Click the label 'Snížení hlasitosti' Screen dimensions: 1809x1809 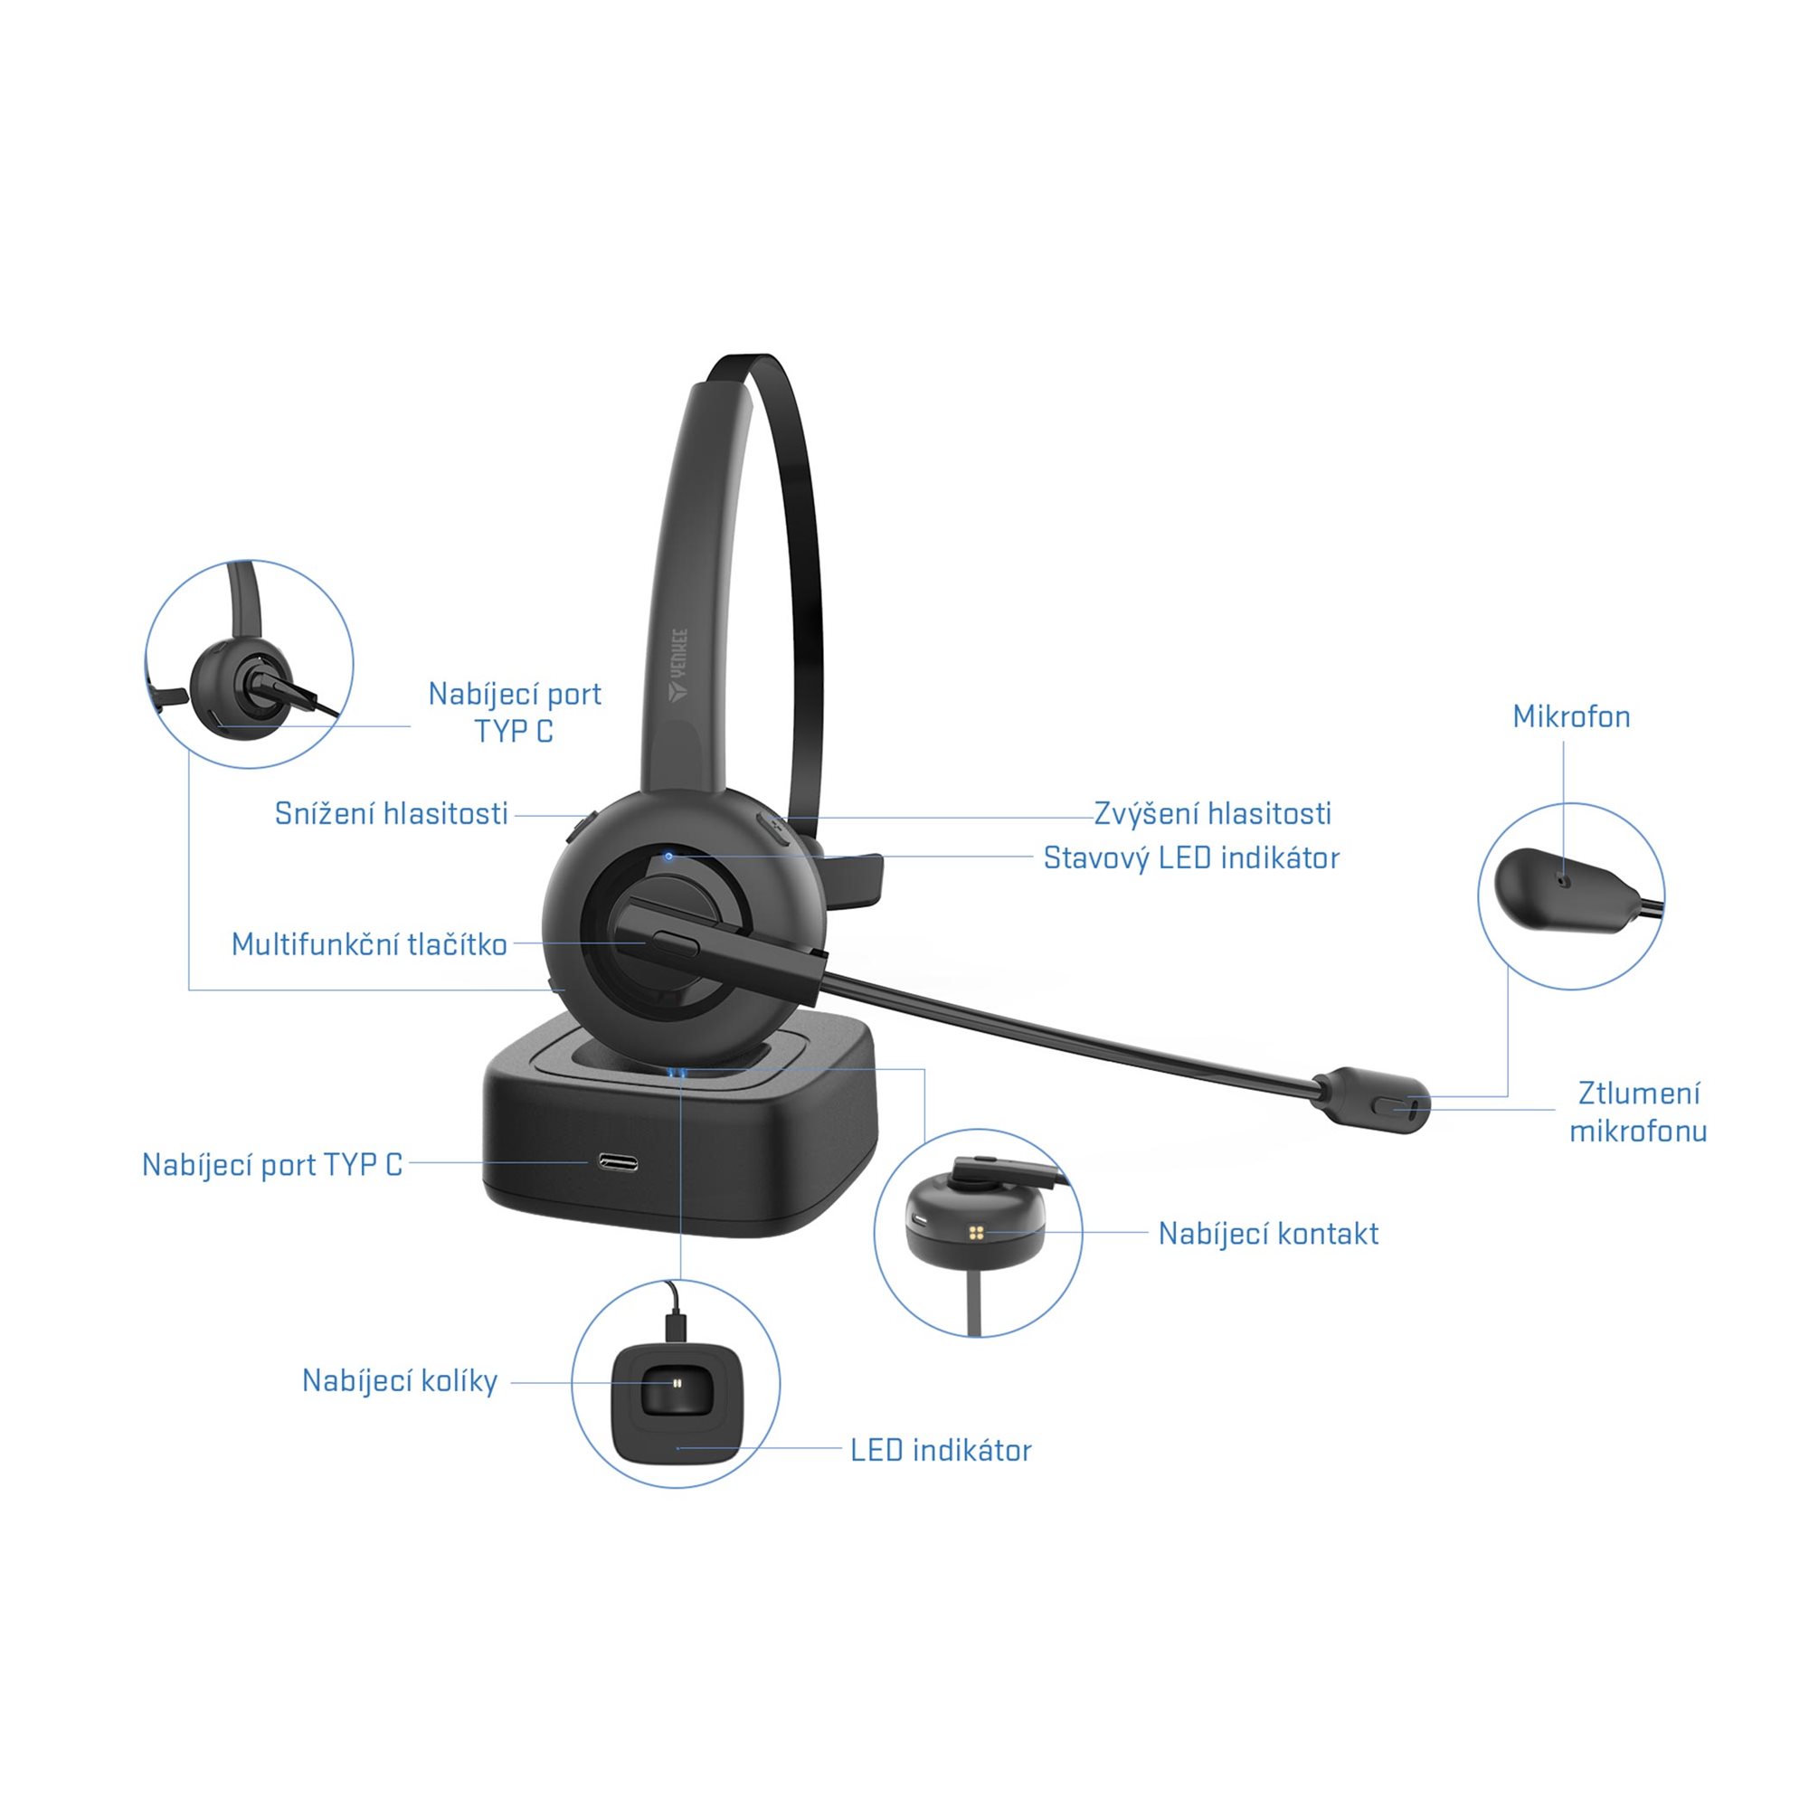(x=392, y=814)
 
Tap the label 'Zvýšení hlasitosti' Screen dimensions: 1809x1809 (x=1213, y=814)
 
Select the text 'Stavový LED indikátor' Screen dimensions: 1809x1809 (x=1191, y=857)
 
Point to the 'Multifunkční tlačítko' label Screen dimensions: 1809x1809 (x=369, y=943)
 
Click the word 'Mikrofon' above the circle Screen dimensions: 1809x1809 (x=1571, y=717)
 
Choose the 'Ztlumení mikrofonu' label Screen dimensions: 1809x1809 (x=1639, y=1113)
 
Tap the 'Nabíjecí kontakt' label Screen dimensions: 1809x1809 (x=1269, y=1234)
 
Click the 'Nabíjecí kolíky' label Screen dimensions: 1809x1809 (x=400, y=1381)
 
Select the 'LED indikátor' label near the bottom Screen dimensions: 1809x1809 (x=941, y=1451)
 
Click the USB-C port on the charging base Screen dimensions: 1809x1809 (x=618, y=1163)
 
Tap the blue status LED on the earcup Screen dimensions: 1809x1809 (x=668, y=856)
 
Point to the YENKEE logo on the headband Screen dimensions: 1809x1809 (x=677, y=664)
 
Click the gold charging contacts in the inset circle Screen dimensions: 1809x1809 (x=978, y=1232)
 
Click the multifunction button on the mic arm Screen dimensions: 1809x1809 (x=673, y=942)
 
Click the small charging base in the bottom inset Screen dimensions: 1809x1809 (x=676, y=1405)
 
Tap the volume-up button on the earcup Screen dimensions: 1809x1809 (x=774, y=829)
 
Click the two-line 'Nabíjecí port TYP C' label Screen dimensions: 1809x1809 (x=514, y=712)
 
